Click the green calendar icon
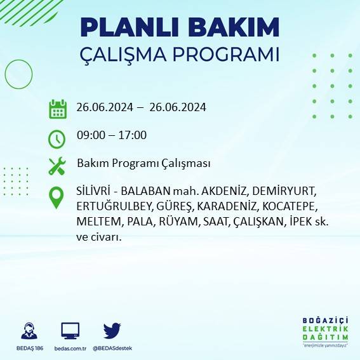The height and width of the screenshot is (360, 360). coord(58,109)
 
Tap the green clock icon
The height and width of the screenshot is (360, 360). coord(57,138)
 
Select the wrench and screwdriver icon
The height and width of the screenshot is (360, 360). coord(57,166)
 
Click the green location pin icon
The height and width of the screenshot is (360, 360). coord(57,197)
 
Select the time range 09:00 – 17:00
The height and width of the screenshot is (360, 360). coord(112,135)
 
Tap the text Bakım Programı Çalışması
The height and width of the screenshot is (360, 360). coord(143,163)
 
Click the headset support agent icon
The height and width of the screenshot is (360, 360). coord(29,331)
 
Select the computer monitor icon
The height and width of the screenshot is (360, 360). coord(70,331)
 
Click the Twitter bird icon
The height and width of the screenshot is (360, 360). coord(112,331)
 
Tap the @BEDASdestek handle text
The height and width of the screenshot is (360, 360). coord(112,349)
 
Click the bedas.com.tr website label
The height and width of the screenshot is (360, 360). coord(70,349)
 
